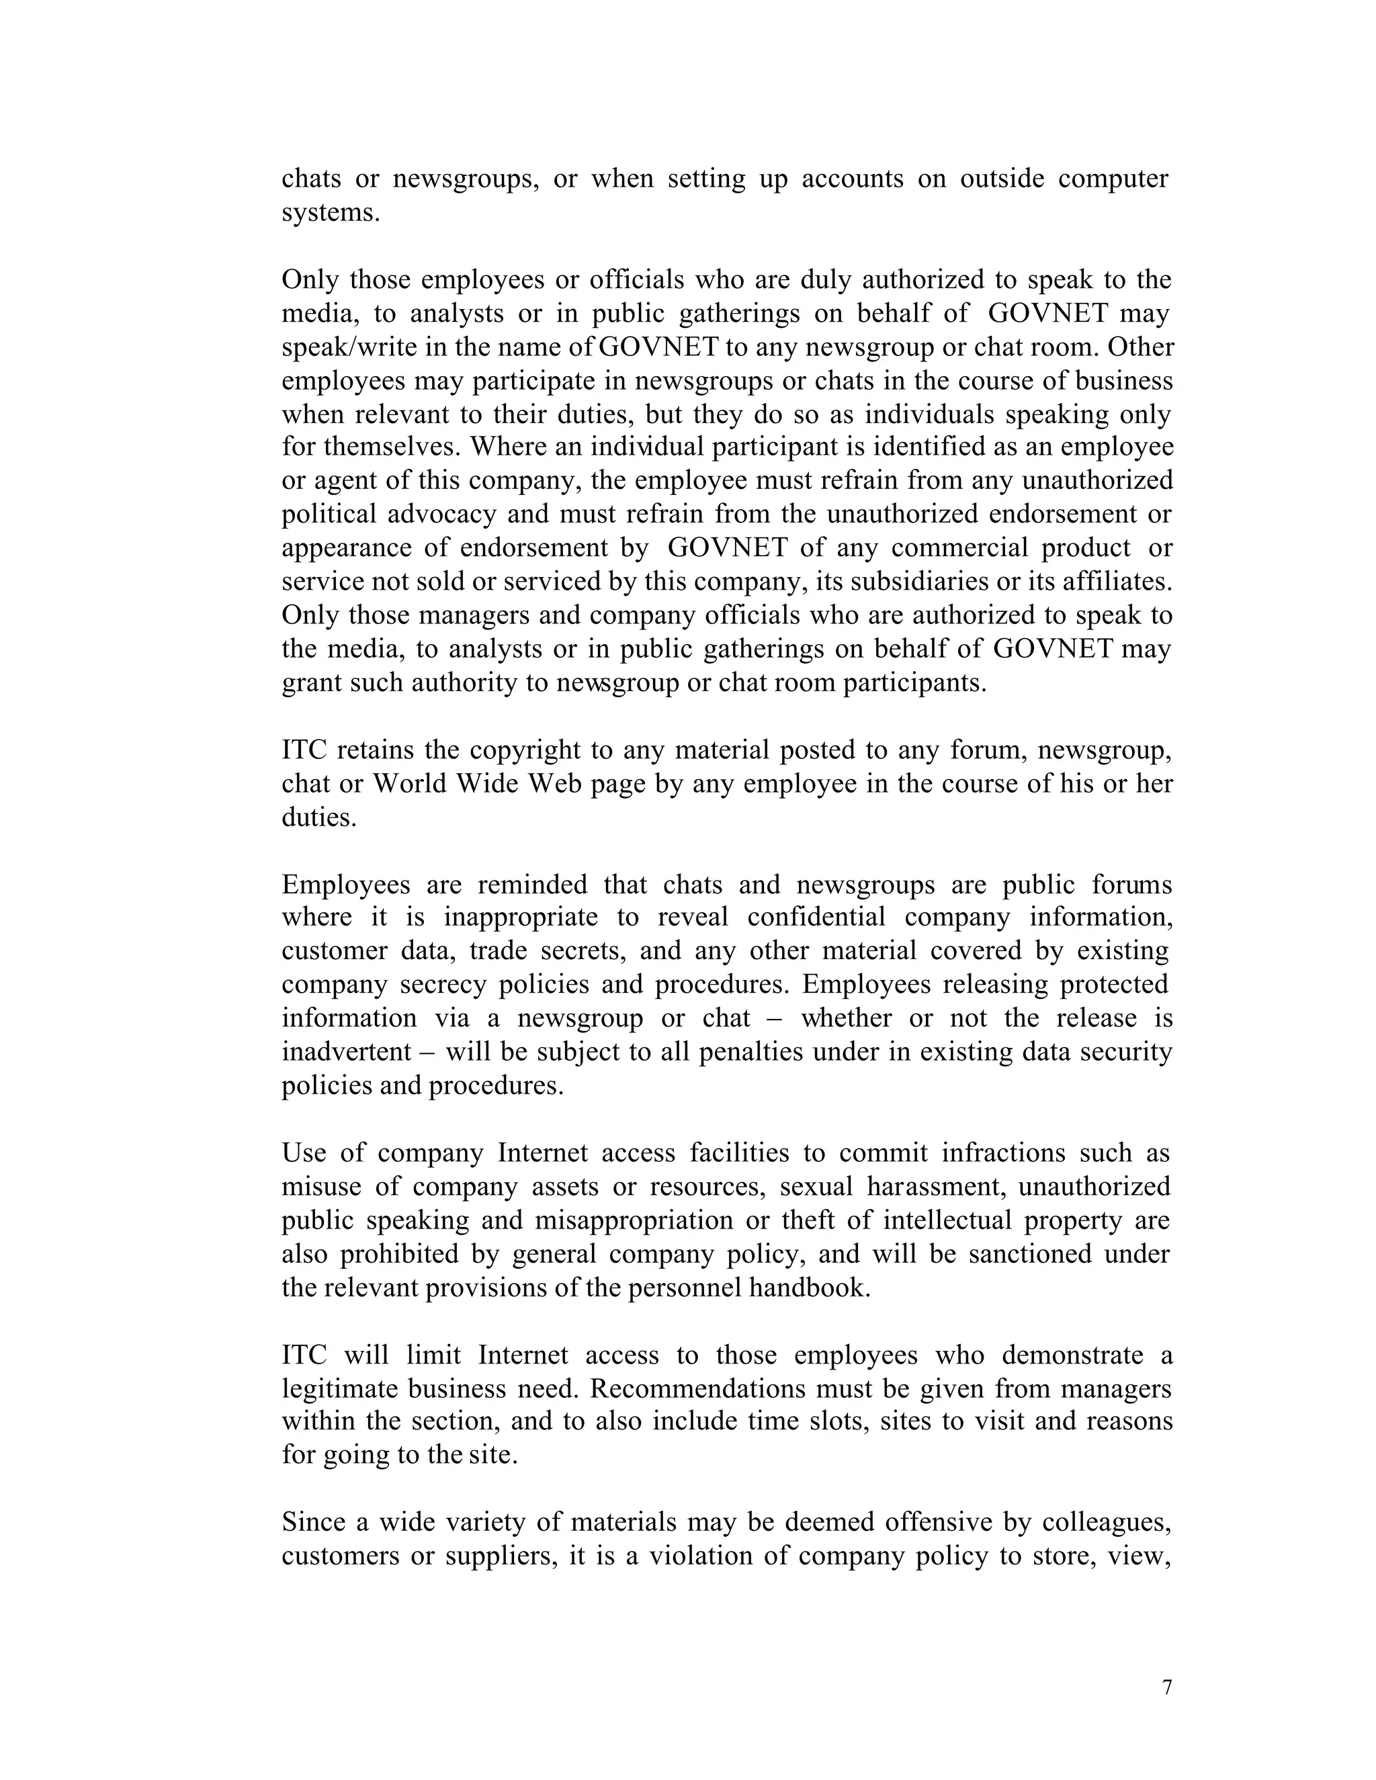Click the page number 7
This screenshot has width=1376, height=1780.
[1166, 1687]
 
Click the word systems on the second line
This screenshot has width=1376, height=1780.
[330, 213]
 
